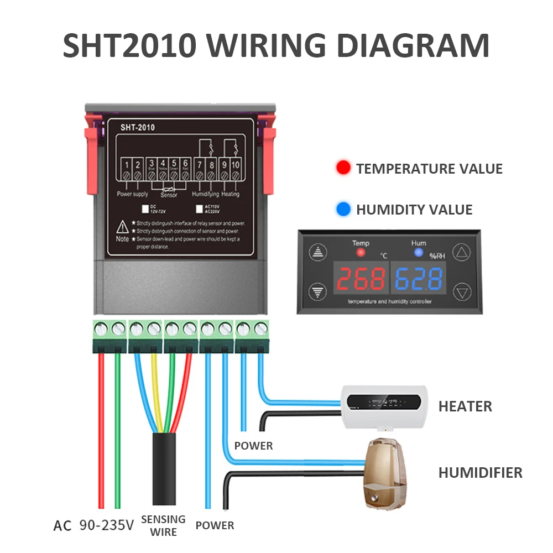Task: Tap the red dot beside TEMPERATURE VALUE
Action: (343, 169)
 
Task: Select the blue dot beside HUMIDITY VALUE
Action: (343, 210)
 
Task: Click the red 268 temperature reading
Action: (361, 279)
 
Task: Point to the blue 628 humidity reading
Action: (419, 279)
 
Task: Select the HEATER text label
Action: (465, 407)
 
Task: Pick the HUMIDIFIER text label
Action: (480, 473)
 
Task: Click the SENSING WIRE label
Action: (163, 525)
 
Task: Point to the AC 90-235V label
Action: (93, 525)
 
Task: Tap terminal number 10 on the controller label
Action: (236, 164)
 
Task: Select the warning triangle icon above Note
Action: (122, 227)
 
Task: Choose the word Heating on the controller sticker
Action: (230, 195)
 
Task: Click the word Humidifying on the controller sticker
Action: (205, 195)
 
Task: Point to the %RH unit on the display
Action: (437, 256)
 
